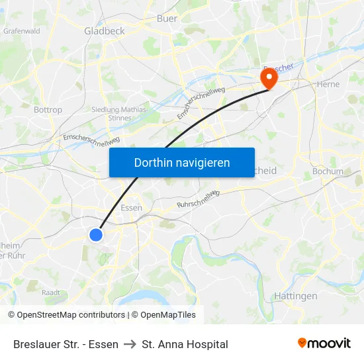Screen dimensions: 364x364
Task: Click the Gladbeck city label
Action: click(105, 30)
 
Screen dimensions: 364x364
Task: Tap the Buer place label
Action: click(167, 19)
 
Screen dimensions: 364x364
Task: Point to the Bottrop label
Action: click(48, 110)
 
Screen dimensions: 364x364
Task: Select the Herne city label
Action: click(328, 84)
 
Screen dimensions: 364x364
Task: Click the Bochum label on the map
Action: click(327, 171)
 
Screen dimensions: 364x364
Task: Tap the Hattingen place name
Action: click(295, 296)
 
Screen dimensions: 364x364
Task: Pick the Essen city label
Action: click(132, 207)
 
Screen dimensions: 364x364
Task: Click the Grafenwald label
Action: click(22, 30)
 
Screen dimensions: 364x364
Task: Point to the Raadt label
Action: click(51, 292)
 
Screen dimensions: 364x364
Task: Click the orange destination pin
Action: click(269, 79)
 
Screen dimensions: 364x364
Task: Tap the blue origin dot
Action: click(96, 234)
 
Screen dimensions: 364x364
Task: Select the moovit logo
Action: click(324, 343)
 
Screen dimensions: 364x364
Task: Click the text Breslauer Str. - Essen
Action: click(66, 344)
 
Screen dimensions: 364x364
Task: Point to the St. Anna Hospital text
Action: click(185, 344)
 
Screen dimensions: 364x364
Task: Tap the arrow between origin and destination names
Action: click(130, 344)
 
